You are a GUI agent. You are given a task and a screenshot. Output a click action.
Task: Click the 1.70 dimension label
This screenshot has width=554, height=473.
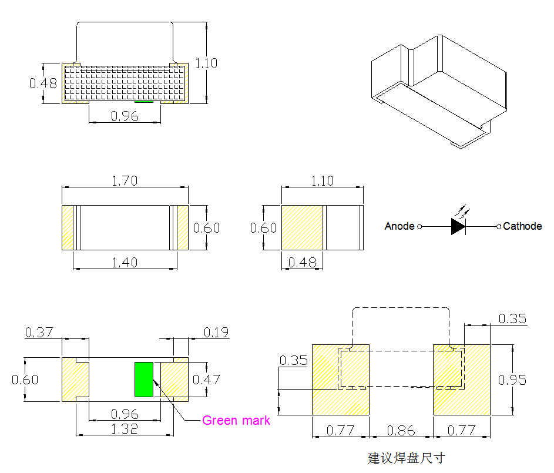(125, 181)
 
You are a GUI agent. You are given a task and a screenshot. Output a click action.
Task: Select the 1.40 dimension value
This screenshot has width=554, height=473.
(125, 263)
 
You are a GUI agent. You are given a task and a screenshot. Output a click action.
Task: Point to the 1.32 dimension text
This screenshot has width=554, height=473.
(125, 429)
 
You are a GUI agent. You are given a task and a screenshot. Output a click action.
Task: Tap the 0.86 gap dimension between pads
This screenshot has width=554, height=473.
(401, 431)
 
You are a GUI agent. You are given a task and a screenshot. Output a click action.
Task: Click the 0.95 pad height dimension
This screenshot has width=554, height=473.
(512, 380)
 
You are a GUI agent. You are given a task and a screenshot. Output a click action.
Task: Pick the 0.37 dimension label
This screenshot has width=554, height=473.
(39, 333)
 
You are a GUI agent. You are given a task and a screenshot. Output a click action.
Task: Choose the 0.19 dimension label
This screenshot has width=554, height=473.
(216, 333)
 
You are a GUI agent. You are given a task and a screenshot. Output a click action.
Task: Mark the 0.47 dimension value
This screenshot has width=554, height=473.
(206, 380)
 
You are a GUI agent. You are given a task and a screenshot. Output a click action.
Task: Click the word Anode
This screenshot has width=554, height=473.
(399, 226)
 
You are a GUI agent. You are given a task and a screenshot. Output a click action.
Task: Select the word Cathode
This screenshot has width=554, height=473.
(522, 226)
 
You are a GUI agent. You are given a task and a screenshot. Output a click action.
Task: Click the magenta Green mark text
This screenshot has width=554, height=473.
(236, 421)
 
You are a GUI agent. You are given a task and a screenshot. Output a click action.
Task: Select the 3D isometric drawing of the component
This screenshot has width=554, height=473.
(438, 91)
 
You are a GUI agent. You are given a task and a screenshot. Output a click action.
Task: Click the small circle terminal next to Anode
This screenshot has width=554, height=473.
(419, 226)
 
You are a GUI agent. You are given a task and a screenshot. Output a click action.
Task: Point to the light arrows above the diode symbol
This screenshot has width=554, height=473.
(462, 210)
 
